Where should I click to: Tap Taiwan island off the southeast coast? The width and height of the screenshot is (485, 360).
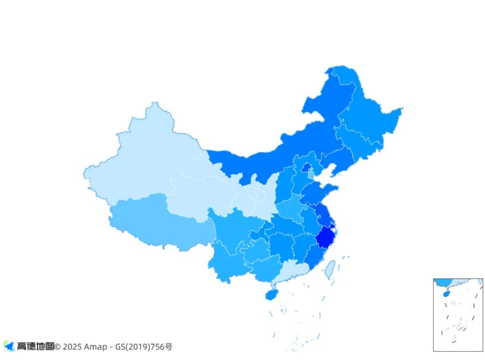(330, 269)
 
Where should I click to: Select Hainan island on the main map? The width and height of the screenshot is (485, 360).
(271, 294)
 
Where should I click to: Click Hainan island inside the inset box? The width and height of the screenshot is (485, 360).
(445, 294)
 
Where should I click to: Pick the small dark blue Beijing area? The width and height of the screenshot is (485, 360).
(306, 168)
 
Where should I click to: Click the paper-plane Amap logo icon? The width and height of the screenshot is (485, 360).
(9, 346)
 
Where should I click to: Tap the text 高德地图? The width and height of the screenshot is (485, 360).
(35, 347)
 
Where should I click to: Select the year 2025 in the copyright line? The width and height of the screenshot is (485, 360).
(72, 347)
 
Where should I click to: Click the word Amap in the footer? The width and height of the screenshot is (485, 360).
(96, 347)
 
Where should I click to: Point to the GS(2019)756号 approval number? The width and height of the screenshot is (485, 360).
(144, 347)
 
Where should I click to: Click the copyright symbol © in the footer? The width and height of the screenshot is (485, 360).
(57, 347)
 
